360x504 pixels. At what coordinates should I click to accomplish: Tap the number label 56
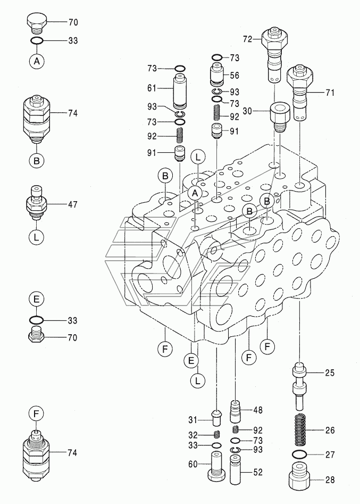coord(235,76)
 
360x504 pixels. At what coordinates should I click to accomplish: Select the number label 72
coord(248,39)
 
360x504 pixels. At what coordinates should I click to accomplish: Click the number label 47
coord(73,203)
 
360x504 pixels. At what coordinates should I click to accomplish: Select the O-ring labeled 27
coord(301,454)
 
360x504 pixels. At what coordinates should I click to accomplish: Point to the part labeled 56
coord(217,75)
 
